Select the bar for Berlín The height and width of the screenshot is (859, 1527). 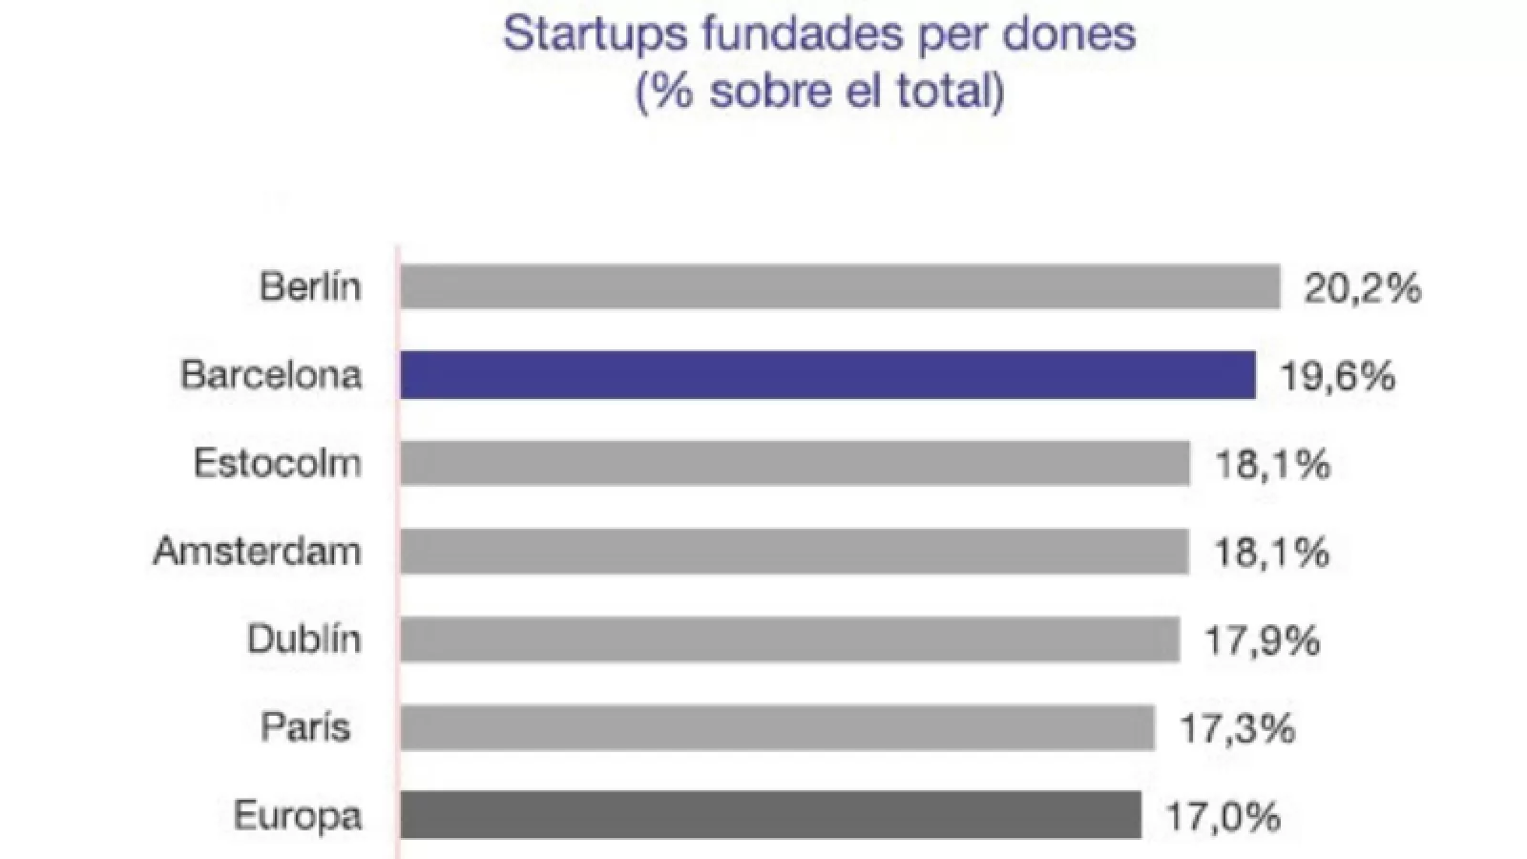tap(840, 286)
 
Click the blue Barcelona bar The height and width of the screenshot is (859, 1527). tap(827, 374)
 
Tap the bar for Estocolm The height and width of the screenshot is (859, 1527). tap(795, 463)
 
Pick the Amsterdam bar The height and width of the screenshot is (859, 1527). tap(794, 551)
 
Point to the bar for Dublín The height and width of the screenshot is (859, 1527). tap(789, 639)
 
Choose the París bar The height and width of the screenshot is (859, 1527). tap(777, 727)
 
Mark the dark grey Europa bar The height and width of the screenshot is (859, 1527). tap(770, 815)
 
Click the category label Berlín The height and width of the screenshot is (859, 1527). tap(310, 286)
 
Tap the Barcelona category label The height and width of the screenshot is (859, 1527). tap(272, 374)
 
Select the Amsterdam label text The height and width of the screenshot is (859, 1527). tap(258, 551)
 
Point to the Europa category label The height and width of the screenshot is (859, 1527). tap(298, 815)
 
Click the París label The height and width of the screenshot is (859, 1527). tap(305, 727)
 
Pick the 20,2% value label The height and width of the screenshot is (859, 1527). tap(1363, 288)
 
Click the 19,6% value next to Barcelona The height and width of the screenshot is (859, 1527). tap(1337, 376)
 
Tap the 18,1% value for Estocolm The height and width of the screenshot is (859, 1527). tap(1272, 465)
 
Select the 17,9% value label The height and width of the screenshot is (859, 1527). tap(1262, 640)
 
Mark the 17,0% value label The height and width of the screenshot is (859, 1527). tap(1223, 817)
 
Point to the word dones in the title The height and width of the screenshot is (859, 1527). tap(1079, 34)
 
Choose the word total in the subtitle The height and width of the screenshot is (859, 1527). tap(945, 92)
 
